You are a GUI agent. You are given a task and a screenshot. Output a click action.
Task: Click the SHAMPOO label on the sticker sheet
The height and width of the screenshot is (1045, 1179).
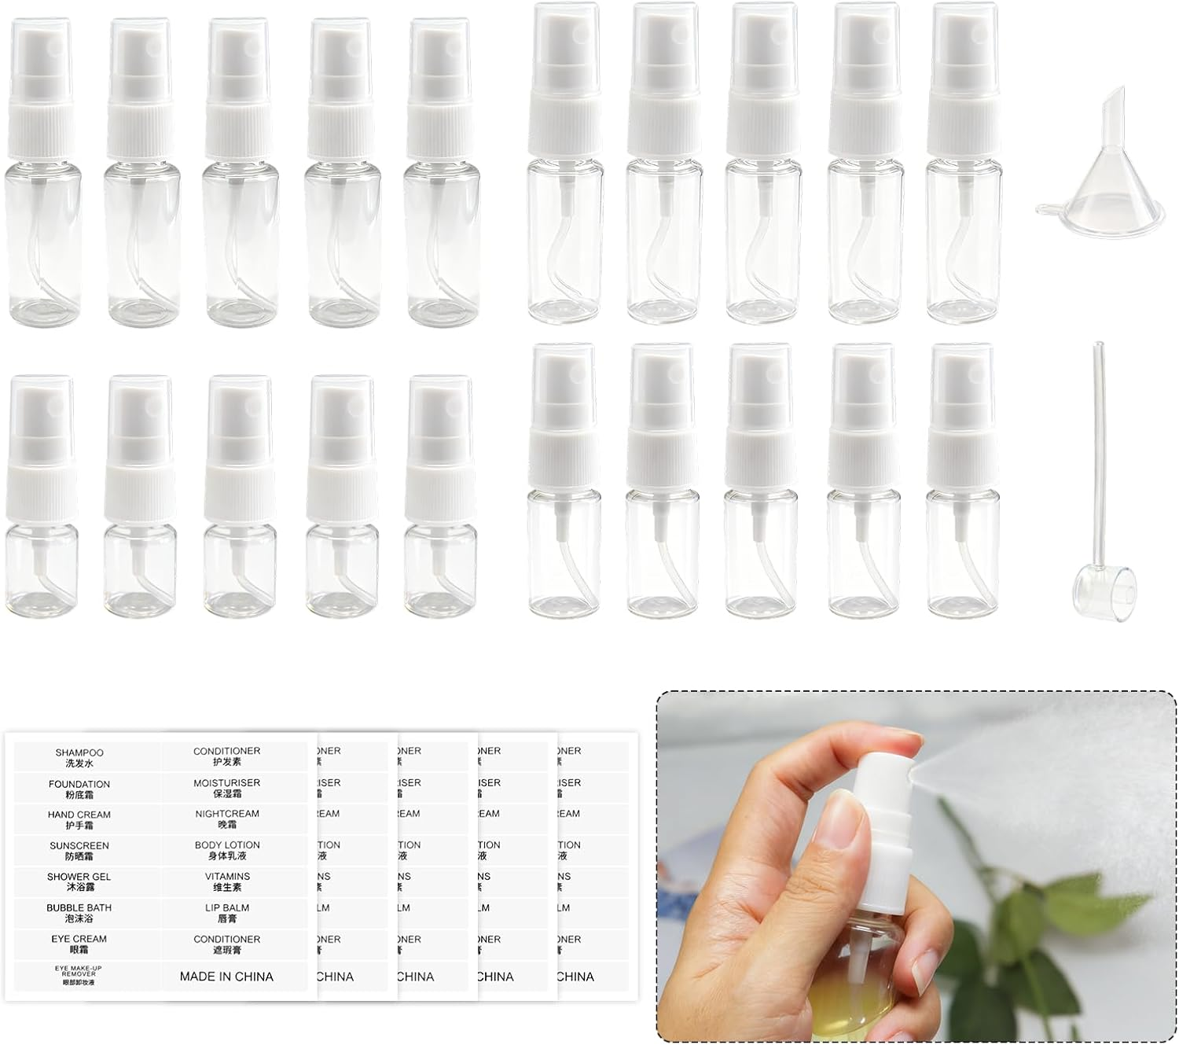79,758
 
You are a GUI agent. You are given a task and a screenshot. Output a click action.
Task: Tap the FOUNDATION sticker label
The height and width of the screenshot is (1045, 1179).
79,789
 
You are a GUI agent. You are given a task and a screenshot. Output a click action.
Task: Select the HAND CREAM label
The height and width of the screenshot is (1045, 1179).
79,820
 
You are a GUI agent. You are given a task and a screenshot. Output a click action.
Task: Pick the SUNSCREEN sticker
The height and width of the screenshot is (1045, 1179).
79,851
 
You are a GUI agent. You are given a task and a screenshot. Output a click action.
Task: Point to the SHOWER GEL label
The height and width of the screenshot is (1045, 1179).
79,881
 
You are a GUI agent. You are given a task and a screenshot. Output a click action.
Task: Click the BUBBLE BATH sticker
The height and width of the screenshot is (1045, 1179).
79,913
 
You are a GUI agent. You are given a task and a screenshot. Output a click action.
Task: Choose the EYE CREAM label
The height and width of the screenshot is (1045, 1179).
79,944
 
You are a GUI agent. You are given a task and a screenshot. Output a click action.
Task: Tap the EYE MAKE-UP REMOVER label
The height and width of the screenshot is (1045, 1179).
79,975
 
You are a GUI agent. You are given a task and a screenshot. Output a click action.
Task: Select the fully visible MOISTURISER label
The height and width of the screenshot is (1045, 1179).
227,789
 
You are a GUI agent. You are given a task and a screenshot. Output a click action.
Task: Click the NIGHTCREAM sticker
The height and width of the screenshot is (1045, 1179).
227,819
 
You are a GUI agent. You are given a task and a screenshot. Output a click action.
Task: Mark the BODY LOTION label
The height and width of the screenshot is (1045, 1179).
227,850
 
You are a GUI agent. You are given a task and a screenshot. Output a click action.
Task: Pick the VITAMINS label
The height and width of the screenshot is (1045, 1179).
227,881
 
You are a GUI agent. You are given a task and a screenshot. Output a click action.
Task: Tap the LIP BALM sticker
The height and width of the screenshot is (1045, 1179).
227,913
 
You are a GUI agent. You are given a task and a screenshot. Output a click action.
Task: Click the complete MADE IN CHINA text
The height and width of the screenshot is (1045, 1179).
226,977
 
